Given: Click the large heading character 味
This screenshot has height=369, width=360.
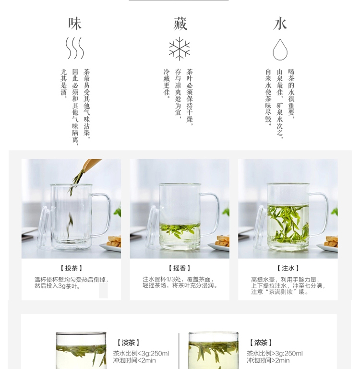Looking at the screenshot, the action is click(x=75, y=24).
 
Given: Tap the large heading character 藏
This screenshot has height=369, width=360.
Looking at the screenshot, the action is click(x=180, y=24).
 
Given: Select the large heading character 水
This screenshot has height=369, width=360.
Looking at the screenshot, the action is click(x=280, y=24).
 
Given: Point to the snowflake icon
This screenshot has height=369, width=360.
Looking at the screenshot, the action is click(x=180, y=48).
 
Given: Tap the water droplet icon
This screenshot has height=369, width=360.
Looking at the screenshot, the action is click(x=280, y=49).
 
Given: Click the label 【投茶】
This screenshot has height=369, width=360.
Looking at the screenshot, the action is click(x=71, y=268).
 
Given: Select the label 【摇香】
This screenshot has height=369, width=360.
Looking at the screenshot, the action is click(x=180, y=268).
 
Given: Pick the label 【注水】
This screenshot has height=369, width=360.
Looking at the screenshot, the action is click(x=288, y=268).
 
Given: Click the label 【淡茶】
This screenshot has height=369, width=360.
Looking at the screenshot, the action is click(x=128, y=343).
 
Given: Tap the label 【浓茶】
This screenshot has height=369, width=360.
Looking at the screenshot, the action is click(x=261, y=343).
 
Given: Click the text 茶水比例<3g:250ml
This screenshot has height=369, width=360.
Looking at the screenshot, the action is click(x=141, y=354).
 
